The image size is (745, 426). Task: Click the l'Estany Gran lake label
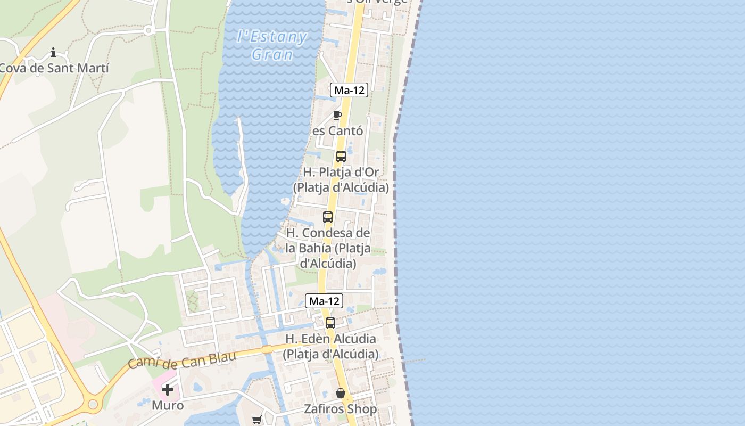272,45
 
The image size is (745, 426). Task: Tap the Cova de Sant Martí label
54,68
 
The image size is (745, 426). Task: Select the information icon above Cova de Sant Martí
53,52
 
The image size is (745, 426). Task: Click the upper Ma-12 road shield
349,90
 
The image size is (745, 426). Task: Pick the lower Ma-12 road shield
324,301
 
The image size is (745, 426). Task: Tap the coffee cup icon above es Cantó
337,115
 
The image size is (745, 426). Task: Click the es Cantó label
337,130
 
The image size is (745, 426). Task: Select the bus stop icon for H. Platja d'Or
341,157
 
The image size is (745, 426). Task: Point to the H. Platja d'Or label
341,180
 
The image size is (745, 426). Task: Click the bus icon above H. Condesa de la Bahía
328,217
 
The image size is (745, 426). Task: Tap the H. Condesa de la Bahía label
328,248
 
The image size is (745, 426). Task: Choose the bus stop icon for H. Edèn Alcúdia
330,323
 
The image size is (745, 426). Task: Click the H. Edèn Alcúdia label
330,346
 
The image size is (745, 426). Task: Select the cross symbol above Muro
168,390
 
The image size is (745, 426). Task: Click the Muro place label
168,405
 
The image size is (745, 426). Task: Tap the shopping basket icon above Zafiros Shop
341,394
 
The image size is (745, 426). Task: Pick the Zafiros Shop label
341,409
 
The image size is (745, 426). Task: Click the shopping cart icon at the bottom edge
257,420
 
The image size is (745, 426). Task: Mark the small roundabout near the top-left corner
148,30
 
